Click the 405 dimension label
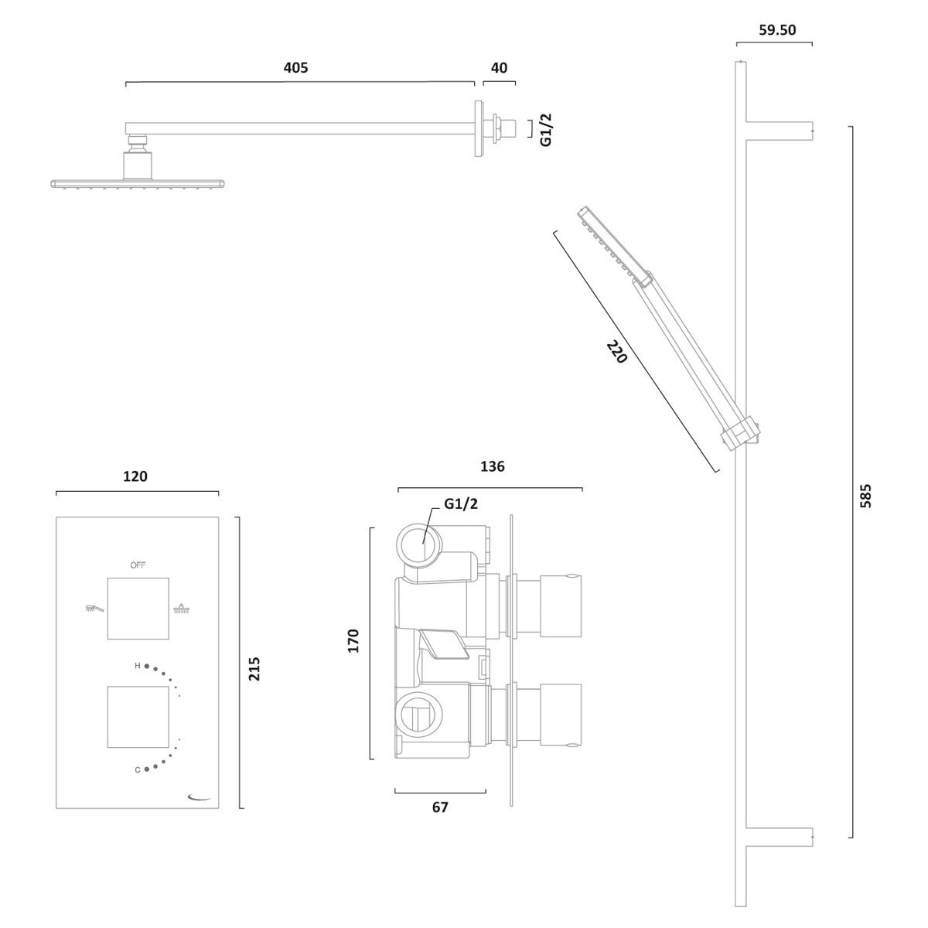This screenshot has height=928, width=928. tap(295, 67)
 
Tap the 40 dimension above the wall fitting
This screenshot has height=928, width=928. tap(499, 68)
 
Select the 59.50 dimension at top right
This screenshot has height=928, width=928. tap(777, 30)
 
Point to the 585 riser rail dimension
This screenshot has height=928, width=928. tap(865, 496)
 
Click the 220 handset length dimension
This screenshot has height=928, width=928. tap(617, 352)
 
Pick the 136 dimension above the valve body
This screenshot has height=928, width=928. tap(492, 466)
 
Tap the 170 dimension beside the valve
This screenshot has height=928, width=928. tap(353, 641)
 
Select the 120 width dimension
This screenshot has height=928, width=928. tap(135, 476)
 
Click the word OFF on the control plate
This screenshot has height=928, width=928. tap(138, 565)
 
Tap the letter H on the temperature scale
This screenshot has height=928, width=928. tap(137, 666)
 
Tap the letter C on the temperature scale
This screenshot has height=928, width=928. tap(137, 770)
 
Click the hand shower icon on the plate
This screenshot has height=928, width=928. tap(94, 608)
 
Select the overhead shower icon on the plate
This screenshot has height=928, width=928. tap(182, 608)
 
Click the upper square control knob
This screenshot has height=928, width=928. tap(138, 609)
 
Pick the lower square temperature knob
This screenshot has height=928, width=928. tap(138, 717)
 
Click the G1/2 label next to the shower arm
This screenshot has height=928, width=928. tap(546, 130)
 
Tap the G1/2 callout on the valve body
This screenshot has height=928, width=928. tap(461, 503)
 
